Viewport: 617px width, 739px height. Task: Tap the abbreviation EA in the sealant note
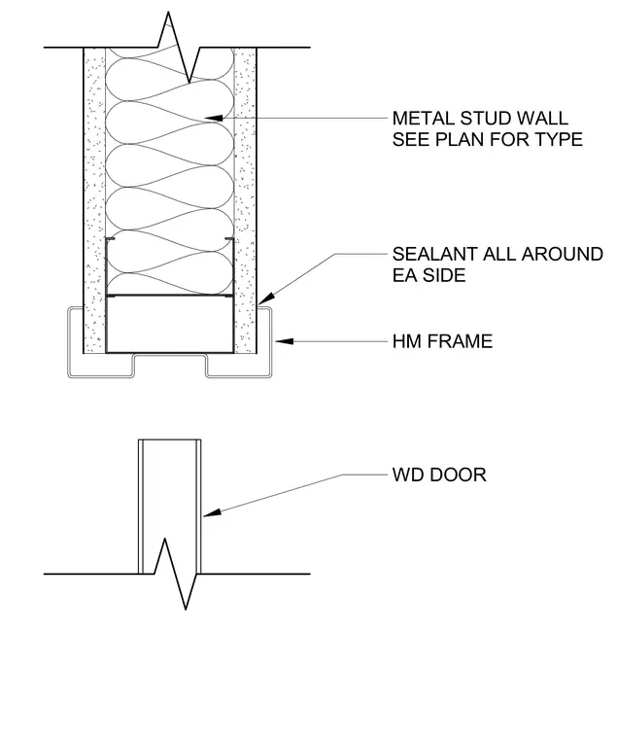[x=403, y=275]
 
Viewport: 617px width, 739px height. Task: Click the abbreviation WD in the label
[x=408, y=475]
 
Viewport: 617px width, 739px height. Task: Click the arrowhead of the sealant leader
[x=265, y=299]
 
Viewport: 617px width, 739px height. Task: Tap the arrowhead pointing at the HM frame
[x=285, y=341]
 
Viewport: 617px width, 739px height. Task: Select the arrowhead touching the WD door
[x=212, y=513]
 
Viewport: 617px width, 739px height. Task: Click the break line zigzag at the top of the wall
[x=179, y=47]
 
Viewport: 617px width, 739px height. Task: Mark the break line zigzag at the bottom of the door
[x=175, y=574]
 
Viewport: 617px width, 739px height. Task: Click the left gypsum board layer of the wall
[x=94, y=200]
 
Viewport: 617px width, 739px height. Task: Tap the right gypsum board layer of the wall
[x=246, y=200]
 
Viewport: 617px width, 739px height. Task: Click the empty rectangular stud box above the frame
[x=170, y=324]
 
